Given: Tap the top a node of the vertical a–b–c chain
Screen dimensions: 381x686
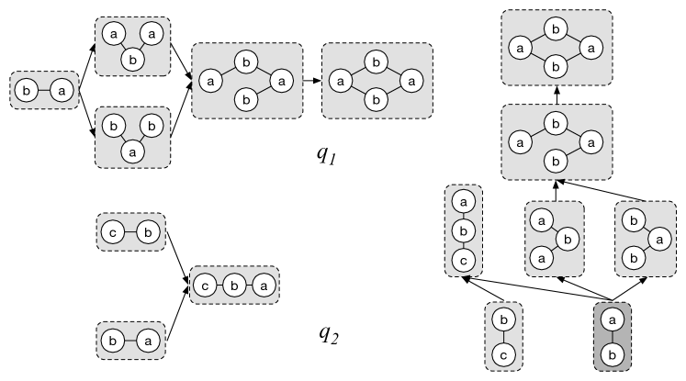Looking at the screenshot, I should (x=463, y=200).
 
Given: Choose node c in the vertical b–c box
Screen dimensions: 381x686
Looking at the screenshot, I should (x=503, y=353).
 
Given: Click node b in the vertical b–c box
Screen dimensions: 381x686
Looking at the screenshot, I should (x=503, y=320).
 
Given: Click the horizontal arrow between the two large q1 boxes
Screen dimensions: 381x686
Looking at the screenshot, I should (x=312, y=81).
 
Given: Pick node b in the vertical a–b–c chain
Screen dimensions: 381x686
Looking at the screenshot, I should (x=463, y=229).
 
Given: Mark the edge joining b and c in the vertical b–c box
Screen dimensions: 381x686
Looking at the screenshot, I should (x=503, y=336).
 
